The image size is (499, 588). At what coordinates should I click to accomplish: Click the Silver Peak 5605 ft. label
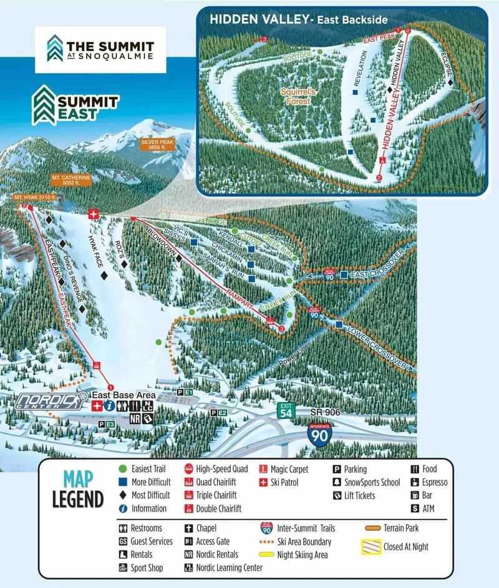click(x=157, y=145)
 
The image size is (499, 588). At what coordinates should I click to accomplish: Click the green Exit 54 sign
click(x=286, y=410)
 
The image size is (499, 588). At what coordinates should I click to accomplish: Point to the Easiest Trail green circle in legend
click(x=123, y=469)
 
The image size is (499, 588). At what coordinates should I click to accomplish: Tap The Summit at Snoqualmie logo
click(x=100, y=50)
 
